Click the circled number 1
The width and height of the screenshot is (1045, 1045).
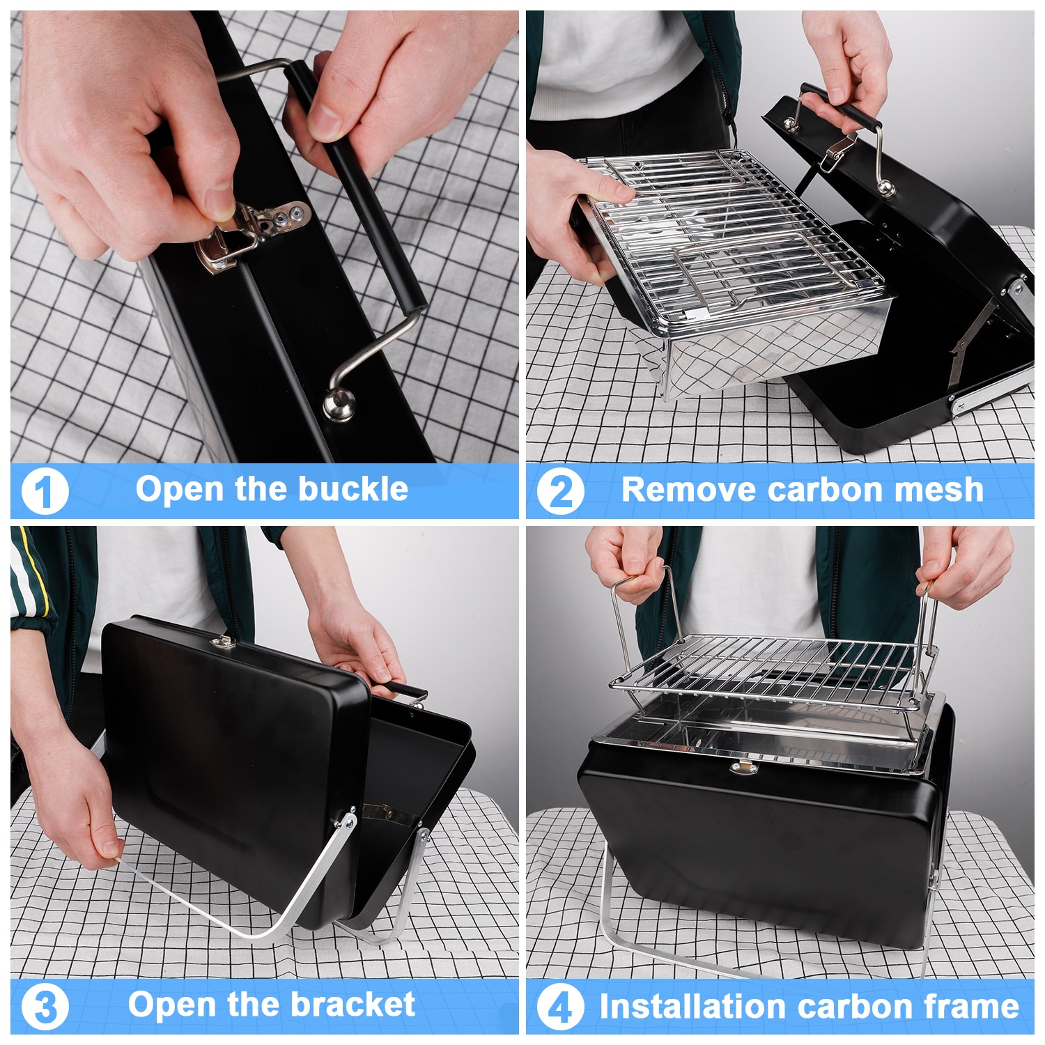tap(45, 491)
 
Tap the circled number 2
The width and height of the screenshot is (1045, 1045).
tap(560, 491)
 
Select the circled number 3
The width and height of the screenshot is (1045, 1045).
tap(45, 1007)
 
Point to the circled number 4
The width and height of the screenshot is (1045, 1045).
tap(560, 1007)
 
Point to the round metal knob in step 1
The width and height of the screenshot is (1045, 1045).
tap(339, 405)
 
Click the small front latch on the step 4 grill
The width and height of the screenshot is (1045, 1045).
tap(743, 768)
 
